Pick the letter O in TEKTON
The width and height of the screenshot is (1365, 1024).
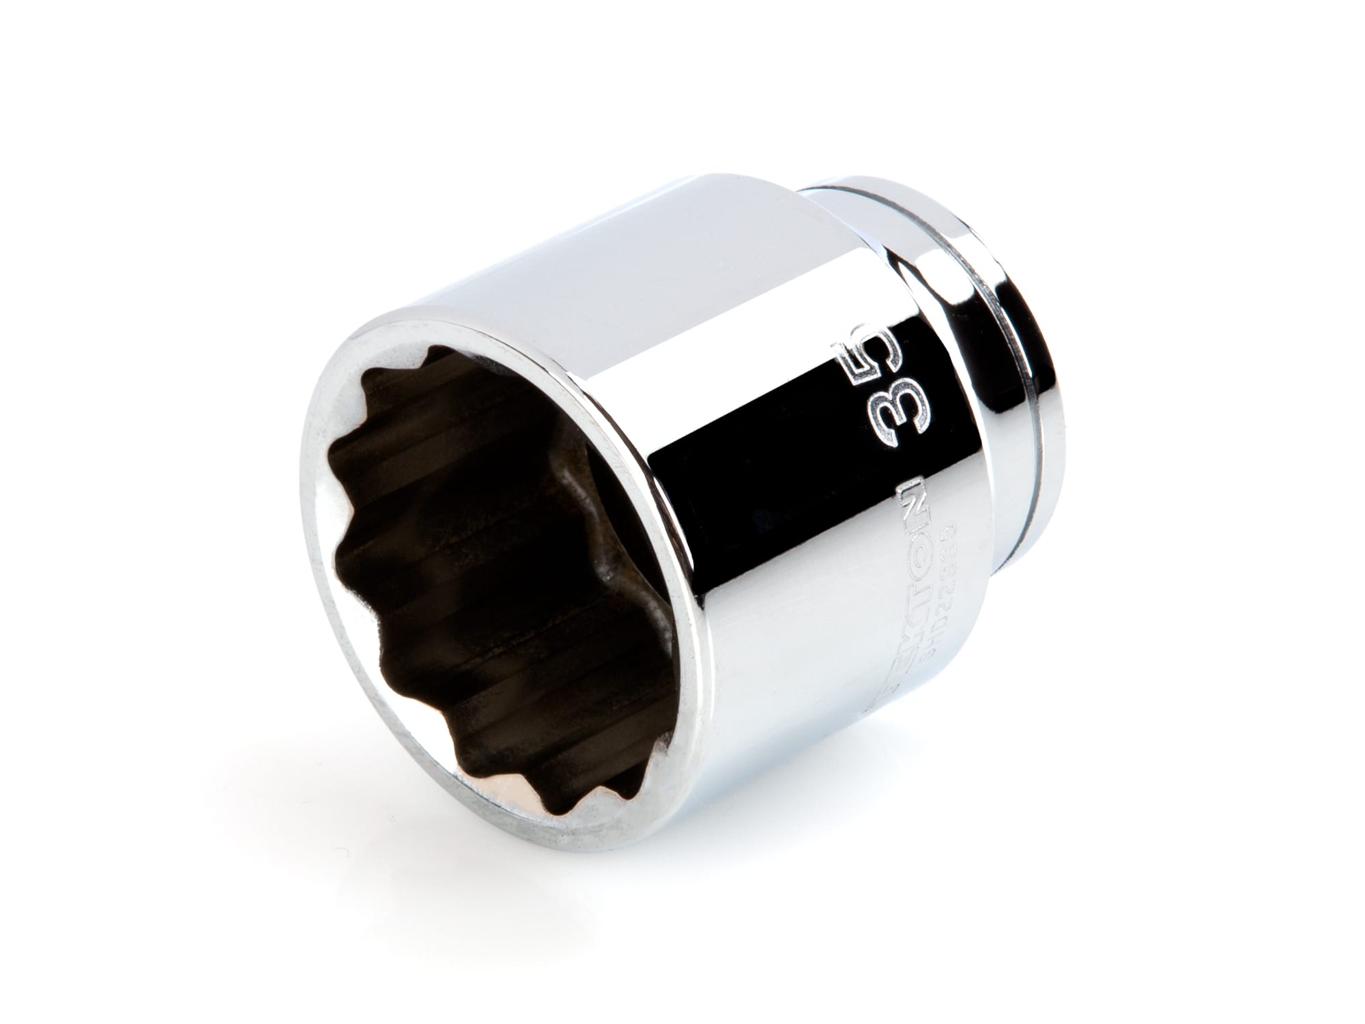click(x=897, y=532)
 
